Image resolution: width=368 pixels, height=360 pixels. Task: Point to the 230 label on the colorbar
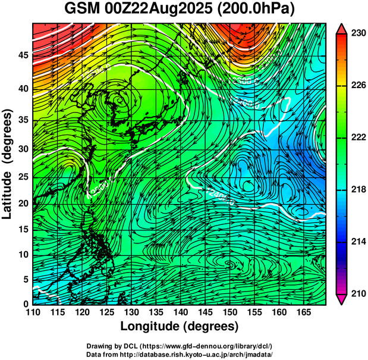(x=357, y=34)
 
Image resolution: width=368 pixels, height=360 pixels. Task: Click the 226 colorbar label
(x=357, y=86)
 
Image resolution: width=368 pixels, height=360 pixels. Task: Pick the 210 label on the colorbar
(x=357, y=293)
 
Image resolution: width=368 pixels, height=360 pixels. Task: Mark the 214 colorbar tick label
(x=357, y=242)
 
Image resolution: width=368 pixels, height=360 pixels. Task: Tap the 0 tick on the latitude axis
(x=26, y=304)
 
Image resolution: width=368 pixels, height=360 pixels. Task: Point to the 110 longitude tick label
(x=33, y=312)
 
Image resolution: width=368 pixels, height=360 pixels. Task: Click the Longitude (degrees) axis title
(x=180, y=326)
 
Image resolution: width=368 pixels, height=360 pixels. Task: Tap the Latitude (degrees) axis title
(x=8, y=164)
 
